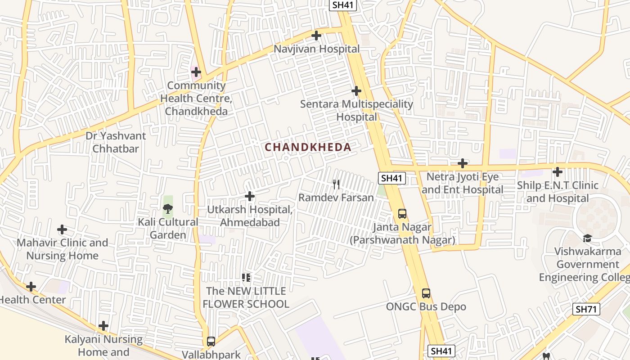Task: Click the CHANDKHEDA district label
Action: pyautogui.click(x=308, y=147)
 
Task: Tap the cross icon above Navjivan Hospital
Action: pyautogui.click(x=316, y=36)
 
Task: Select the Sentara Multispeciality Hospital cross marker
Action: pyautogui.click(x=356, y=91)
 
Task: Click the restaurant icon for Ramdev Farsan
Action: pyautogui.click(x=336, y=184)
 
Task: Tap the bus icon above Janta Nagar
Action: pyautogui.click(x=402, y=214)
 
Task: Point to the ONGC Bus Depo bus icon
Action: pyautogui.click(x=426, y=293)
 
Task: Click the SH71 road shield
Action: pyautogui.click(x=587, y=309)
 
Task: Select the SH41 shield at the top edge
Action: pyautogui.click(x=343, y=5)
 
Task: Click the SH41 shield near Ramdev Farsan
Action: pyautogui.click(x=391, y=178)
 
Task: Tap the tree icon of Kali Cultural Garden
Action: pyautogui.click(x=168, y=208)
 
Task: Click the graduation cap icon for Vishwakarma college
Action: pyautogui.click(x=587, y=238)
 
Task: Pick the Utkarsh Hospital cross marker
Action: pyautogui.click(x=249, y=196)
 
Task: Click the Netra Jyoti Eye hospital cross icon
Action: pyautogui.click(x=462, y=163)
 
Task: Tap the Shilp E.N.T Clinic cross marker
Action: pyautogui.click(x=557, y=172)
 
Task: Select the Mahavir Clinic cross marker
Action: pyautogui.click(x=62, y=230)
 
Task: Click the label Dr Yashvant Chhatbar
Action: pyautogui.click(x=116, y=142)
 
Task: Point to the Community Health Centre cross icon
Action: pyautogui.click(x=196, y=72)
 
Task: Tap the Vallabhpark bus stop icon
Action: pyautogui.click(x=211, y=341)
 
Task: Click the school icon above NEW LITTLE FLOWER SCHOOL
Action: pyautogui.click(x=246, y=277)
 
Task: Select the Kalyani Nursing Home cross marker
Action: pyautogui.click(x=103, y=326)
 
